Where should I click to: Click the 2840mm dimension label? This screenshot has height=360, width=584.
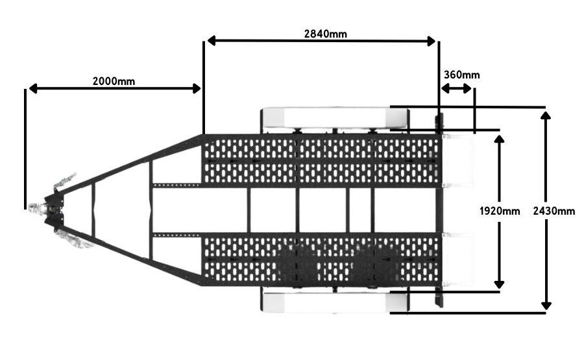326,34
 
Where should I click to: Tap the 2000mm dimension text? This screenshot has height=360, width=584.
114,81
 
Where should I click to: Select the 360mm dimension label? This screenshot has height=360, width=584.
461,75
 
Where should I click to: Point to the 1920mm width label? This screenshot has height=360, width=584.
500,211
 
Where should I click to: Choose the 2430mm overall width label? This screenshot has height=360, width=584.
554,211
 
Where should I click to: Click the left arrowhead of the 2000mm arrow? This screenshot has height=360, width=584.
34,89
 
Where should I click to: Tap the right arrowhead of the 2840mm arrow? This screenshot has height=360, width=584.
432,41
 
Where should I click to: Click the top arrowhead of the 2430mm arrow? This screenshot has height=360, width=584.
546,115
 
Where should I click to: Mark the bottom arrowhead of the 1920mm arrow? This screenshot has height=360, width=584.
499,284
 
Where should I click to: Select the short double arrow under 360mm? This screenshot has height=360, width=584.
456,89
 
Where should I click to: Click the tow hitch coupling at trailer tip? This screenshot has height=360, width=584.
52,210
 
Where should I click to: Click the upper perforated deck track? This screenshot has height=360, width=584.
321,161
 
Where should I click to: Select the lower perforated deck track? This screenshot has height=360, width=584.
321,259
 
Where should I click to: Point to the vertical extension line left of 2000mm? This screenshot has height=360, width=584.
25,149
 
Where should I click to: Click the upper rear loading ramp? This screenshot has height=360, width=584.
457,161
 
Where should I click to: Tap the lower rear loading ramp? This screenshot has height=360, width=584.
457,259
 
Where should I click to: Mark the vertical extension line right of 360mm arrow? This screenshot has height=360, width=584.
474,110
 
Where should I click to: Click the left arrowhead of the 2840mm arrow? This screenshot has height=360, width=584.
212,41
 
